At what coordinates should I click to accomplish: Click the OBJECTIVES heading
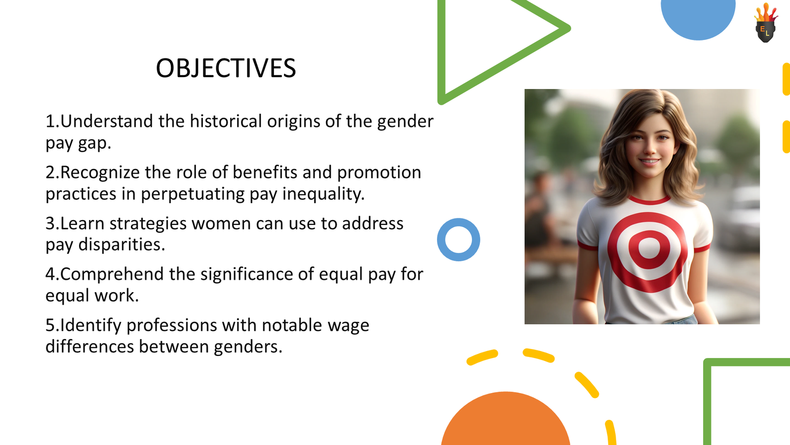click(x=226, y=68)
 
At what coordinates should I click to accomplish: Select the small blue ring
click(x=458, y=240)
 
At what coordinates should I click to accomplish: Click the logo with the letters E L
click(x=765, y=25)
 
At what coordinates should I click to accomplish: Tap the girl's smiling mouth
click(x=649, y=161)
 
